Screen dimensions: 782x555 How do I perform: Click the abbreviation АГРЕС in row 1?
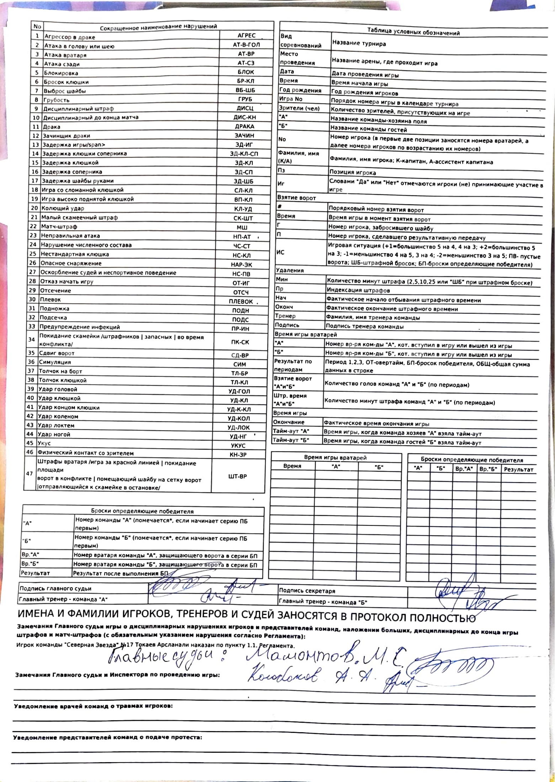pyautogui.click(x=246, y=36)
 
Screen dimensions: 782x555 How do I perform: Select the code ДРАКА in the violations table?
pyautogui.click(x=244, y=127)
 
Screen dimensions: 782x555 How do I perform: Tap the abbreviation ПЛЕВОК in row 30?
pyautogui.click(x=240, y=301)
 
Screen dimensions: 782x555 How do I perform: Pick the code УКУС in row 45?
pyautogui.click(x=238, y=445)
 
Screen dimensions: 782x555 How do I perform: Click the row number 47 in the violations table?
pyautogui.click(x=30, y=473)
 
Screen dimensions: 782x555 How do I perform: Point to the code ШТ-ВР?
pyautogui.click(x=237, y=476)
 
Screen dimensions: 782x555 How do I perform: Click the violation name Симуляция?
pyautogui.click(x=55, y=362)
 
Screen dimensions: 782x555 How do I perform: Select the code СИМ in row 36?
pyautogui.click(x=239, y=364)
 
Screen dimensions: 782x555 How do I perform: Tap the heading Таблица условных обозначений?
pyautogui.click(x=413, y=32)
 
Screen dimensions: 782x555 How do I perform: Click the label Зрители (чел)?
pyautogui.click(x=299, y=108)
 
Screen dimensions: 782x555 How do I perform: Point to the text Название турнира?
pyautogui.click(x=359, y=44)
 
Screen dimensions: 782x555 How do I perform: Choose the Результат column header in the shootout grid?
pyautogui.click(x=518, y=470)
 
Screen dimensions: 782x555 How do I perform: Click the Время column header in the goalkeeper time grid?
pyautogui.click(x=292, y=466)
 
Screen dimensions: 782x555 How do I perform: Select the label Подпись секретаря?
pyautogui.click(x=307, y=591)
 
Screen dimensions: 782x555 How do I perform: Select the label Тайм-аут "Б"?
pyautogui.click(x=291, y=440)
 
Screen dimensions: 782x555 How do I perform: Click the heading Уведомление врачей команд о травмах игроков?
pyautogui.click(x=93, y=706)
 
